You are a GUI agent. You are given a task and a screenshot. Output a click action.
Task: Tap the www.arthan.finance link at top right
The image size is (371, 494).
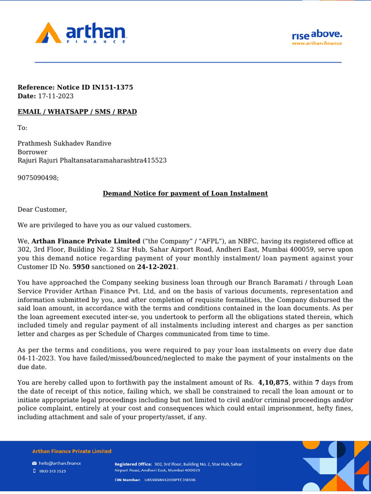pyautogui.click(x=316, y=43)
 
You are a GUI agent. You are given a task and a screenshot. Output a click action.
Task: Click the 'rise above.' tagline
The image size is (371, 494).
pyautogui.click(x=316, y=35)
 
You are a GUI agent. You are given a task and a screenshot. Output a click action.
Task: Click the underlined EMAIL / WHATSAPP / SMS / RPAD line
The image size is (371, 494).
pyautogui.click(x=77, y=111)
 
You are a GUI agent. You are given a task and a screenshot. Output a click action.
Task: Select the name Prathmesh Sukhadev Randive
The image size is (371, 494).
pyautogui.click(x=64, y=143)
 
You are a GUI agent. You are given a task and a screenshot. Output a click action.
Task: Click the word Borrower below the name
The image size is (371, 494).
pyautogui.click(x=32, y=152)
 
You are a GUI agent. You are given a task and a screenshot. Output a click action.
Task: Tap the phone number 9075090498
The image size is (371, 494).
pyautogui.click(x=37, y=178)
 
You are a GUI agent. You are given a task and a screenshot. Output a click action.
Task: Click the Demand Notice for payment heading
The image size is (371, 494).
pyautogui.click(x=185, y=193)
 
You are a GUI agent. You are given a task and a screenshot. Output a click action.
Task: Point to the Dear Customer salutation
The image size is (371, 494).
pyautogui.click(x=43, y=209)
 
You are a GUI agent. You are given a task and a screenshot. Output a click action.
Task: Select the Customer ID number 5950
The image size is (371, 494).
pyautogui.click(x=81, y=267)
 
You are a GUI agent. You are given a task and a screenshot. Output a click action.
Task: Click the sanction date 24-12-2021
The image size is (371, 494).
pyautogui.click(x=157, y=267)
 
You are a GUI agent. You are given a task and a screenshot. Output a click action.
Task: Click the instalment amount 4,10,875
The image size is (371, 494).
pyautogui.click(x=273, y=383)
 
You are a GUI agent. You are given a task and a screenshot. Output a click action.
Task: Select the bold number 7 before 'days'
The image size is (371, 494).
pyautogui.click(x=317, y=383)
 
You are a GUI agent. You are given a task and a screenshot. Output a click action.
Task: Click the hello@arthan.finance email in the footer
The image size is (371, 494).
pyautogui.click(x=60, y=463)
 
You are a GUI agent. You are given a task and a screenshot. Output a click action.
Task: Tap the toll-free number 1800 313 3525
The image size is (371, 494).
pyautogui.click(x=53, y=471)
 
